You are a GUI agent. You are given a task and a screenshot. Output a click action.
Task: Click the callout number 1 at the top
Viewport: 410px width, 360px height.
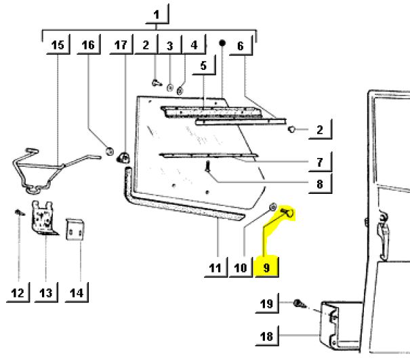coord(157,15)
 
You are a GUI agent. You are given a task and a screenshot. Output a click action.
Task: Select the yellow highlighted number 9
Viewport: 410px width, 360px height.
coord(266,268)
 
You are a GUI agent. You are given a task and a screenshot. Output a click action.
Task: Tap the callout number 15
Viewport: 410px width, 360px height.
coord(58,45)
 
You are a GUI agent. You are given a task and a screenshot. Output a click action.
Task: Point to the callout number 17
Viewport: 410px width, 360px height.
coord(121,45)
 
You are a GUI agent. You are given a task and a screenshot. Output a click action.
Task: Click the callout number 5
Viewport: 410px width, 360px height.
coord(203,66)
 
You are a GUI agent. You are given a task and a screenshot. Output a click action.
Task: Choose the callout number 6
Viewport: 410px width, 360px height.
coord(241,46)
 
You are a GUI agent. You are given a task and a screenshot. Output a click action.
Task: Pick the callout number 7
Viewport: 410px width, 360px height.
coord(319,163)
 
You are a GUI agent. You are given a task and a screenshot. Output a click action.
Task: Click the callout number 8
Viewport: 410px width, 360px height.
coord(319,184)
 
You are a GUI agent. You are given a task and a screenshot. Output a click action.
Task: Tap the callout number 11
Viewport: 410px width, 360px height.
coord(215,268)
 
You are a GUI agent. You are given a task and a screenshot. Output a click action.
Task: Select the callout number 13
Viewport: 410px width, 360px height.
coord(46,293)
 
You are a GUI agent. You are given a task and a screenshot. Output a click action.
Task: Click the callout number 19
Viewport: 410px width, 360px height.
coord(266,304)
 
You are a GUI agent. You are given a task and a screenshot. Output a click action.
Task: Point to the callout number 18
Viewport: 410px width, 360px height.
coord(266,336)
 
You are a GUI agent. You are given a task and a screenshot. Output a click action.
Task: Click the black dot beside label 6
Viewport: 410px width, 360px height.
coord(222,43)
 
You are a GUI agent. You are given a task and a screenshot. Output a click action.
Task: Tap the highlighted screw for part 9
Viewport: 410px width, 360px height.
coord(287,212)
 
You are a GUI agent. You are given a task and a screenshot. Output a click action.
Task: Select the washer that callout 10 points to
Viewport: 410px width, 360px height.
coord(272,207)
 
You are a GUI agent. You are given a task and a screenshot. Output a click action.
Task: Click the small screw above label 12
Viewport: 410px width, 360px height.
coord(20,212)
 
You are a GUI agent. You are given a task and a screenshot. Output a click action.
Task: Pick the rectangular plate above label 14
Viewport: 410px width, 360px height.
coord(75,229)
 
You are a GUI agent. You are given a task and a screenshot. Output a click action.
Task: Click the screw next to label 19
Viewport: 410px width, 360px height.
coord(299,304)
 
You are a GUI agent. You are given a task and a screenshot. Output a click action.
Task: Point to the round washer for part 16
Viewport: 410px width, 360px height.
coord(110,151)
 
